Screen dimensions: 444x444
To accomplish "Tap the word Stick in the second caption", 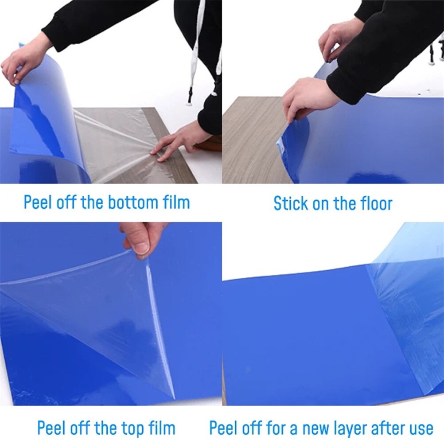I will (x=290, y=203).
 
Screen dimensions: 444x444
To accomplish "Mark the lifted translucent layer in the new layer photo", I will (x=408, y=288).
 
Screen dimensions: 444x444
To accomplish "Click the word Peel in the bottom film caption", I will (x=38, y=203).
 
